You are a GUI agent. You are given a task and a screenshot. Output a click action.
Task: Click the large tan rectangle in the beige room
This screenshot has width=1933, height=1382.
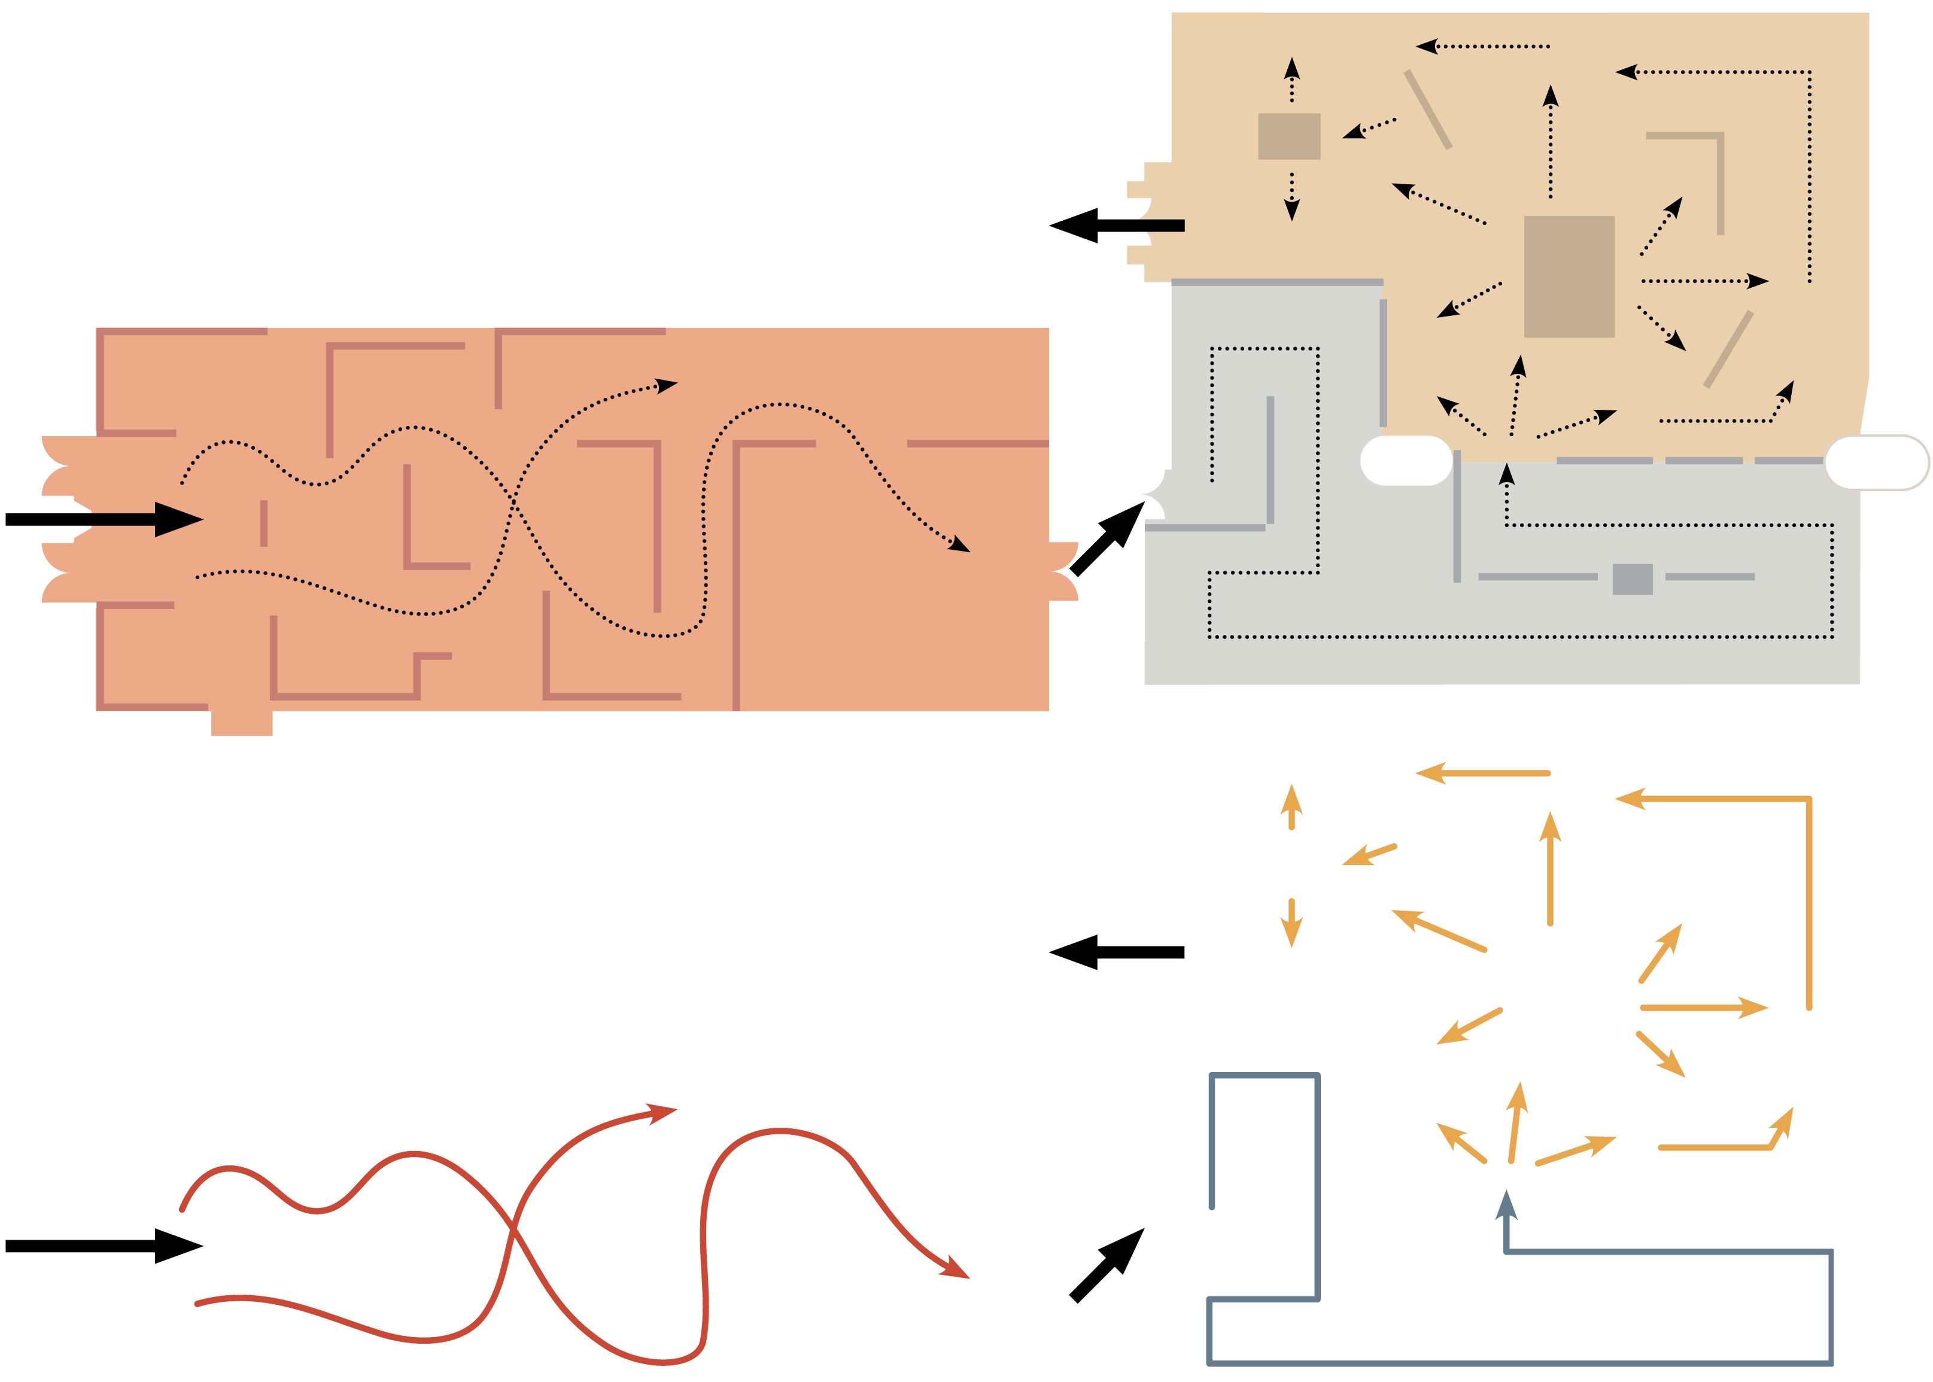(1569, 276)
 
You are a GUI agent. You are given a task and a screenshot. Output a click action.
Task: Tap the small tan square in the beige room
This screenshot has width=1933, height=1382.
(1288, 136)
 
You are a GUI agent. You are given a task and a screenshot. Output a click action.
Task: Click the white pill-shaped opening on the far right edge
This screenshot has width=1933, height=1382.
(1876, 462)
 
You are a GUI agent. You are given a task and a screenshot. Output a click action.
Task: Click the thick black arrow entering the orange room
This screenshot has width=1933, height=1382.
(102, 519)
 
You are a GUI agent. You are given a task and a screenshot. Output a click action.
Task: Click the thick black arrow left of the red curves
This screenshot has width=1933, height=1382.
(102, 1246)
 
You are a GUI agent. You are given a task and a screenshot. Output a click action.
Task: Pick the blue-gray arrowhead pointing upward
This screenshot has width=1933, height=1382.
(1506, 1204)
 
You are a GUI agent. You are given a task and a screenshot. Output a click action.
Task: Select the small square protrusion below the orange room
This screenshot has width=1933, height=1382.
(242, 722)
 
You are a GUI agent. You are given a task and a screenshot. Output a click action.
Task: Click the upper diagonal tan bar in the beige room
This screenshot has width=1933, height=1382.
(1427, 109)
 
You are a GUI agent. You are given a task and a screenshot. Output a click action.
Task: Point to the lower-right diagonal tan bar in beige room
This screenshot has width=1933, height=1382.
(1728, 349)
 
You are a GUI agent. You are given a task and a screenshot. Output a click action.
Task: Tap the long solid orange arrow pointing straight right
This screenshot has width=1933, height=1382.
(1703, 1007)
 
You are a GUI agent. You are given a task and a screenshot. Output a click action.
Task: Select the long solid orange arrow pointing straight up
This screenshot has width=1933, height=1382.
(1550, 868)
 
